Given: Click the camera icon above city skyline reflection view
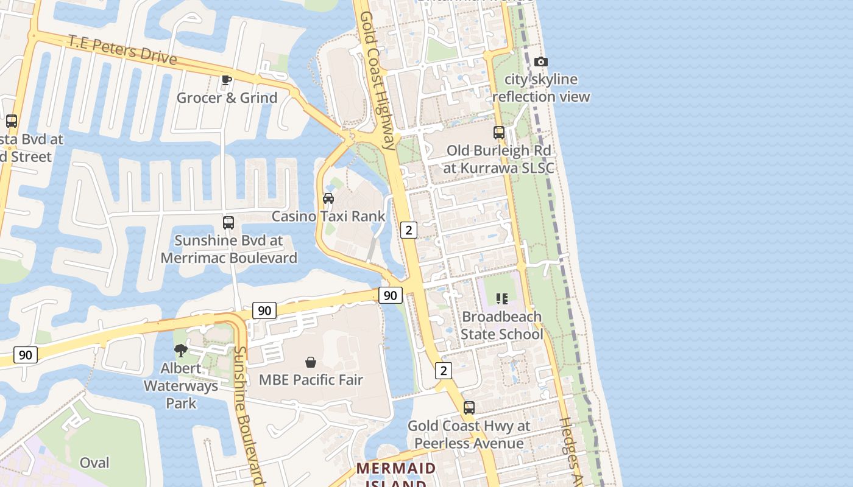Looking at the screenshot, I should (540, 61).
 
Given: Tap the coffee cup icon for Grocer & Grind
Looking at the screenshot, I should (227, 80).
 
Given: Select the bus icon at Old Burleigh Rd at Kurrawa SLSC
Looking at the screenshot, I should (499, 132).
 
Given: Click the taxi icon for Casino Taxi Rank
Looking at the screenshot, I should (328, 198).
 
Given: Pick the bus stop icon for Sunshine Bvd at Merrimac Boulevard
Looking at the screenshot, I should (228, 222).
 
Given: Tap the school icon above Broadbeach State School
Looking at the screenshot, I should (501, 298).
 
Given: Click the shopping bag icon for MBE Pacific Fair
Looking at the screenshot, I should (311, 362).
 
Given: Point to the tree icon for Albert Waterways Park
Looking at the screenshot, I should (180, 350).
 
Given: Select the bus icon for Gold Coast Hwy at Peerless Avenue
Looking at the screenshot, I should (469, 407).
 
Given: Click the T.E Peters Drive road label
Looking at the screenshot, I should (122, 49).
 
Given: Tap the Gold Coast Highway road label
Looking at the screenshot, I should (377, 79).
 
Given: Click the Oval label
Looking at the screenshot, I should (94, 463).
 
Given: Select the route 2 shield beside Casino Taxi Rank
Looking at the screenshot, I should (408, 229).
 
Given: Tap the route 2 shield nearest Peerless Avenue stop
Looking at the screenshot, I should (443, 370).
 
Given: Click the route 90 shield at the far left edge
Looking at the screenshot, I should (25, 354).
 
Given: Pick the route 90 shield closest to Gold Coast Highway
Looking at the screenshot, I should (390, 295).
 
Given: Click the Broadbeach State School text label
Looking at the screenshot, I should (501, 325).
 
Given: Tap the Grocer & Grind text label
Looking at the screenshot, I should (227, 97).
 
